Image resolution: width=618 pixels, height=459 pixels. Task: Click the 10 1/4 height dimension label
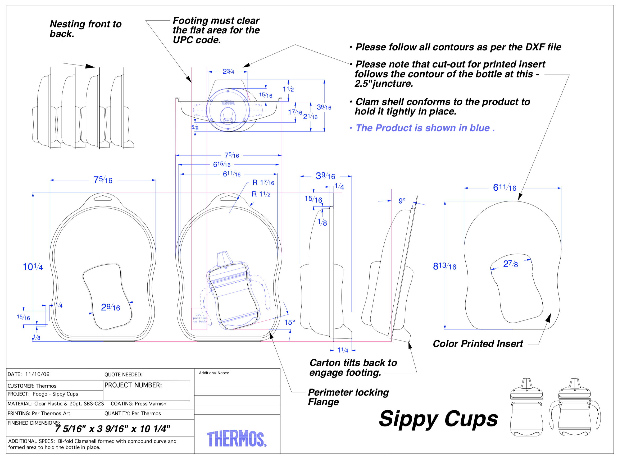33,267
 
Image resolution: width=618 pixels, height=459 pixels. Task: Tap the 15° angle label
289,322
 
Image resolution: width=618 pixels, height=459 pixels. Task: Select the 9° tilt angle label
402,201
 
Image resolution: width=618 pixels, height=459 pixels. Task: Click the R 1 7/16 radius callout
263,182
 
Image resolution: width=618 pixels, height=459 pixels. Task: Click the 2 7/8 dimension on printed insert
510,264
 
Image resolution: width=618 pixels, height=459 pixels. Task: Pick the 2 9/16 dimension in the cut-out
110,307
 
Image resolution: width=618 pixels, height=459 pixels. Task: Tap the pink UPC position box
199,319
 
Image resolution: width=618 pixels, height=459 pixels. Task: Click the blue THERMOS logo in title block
237,439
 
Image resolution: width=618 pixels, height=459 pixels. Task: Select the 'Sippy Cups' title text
438,419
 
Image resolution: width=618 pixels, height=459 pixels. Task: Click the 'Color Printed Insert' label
478,344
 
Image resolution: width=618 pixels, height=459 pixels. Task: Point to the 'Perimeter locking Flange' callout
348,397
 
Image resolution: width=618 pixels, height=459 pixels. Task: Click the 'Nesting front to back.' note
86,29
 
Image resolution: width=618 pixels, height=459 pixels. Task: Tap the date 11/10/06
37,374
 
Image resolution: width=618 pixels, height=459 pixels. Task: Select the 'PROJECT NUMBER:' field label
133,385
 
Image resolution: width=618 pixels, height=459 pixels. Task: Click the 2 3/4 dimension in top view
228,72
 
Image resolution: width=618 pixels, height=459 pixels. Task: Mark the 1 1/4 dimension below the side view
343,350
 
